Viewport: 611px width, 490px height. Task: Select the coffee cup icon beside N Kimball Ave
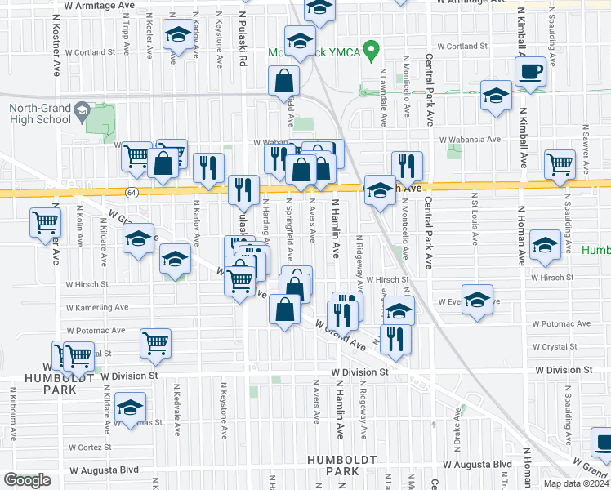click(x=530, y=71)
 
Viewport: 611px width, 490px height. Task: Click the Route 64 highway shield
click(x=131, y=192)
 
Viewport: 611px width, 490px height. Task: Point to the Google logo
click(x=26, y=481)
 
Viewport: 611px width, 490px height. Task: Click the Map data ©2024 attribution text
click(x=577, y=483)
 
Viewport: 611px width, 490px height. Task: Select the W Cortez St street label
click(x=91, y=448)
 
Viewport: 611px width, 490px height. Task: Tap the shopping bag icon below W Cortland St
click(x=284, y=81)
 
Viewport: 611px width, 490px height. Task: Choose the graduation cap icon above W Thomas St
click(x=129, y=408)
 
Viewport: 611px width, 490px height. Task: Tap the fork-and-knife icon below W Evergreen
click(x=395, y=339)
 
